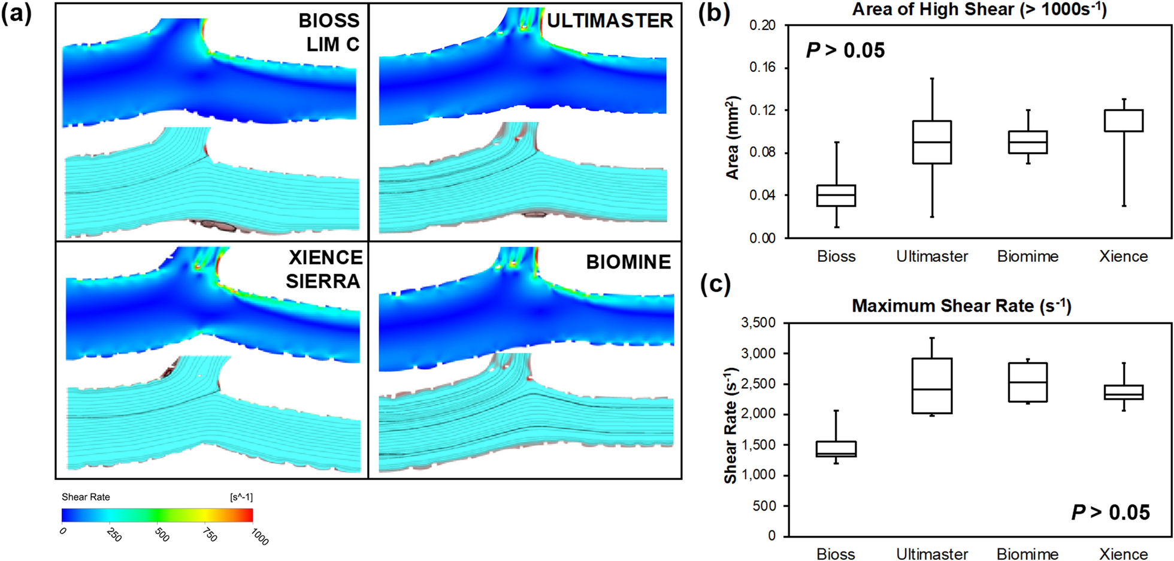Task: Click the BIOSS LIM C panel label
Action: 329,32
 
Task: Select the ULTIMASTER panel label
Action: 610,21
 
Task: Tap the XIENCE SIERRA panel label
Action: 324,269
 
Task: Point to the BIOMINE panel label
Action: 628,262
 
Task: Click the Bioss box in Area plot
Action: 836,195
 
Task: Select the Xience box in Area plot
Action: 1124,120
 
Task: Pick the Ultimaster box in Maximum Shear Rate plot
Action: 932,386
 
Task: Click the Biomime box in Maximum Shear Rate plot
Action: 1028,382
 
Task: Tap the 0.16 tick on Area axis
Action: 762,68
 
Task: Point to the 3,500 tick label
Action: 758,323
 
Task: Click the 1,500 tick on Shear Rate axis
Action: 758,445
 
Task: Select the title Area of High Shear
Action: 979,10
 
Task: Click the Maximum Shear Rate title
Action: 961,306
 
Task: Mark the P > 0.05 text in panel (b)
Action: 845,50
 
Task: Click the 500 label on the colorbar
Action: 162,535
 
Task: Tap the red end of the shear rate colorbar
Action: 249,515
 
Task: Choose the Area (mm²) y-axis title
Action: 733,138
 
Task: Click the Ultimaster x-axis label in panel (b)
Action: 932,257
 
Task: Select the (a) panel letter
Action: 17,13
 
